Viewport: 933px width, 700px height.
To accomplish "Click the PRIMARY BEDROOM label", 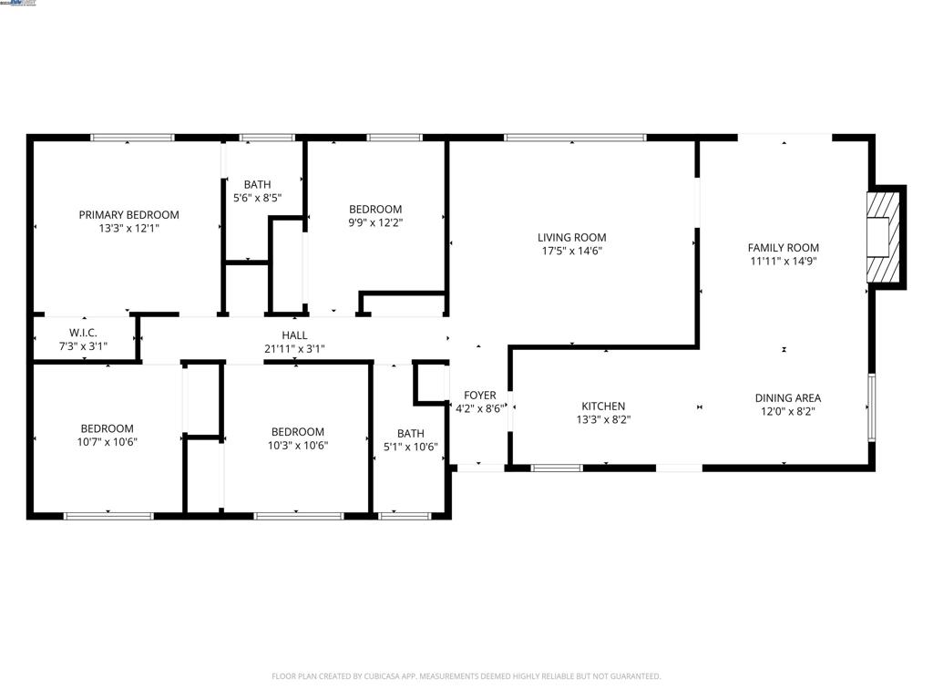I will [128, 215].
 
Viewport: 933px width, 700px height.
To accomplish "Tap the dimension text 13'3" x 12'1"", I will [128, 229].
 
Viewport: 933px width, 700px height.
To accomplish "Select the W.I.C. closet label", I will [83, 333].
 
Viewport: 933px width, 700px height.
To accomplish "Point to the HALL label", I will [294, 335].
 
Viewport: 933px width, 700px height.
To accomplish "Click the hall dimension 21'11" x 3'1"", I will [294, 348].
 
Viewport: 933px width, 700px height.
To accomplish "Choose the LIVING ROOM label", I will [571, 238].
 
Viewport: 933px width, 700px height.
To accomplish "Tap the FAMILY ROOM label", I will [783, 247].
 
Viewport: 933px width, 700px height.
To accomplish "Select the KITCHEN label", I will [603, 407].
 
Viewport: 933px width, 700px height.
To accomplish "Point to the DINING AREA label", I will [787, 397].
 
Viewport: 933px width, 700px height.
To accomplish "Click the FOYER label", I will [480, 396].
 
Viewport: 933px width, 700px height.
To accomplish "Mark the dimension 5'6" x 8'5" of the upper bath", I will [256, 197].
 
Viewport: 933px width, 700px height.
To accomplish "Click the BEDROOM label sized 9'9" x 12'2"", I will [375, 209].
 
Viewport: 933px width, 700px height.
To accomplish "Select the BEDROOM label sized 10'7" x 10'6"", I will [107, 428].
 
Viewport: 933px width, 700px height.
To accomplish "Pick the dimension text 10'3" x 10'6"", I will [297, 446].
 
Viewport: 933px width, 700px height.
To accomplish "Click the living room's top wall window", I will [575, 138].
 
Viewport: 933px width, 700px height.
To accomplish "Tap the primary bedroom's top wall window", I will [132, 138].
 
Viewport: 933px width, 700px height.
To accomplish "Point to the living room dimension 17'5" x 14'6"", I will [571, 251].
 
